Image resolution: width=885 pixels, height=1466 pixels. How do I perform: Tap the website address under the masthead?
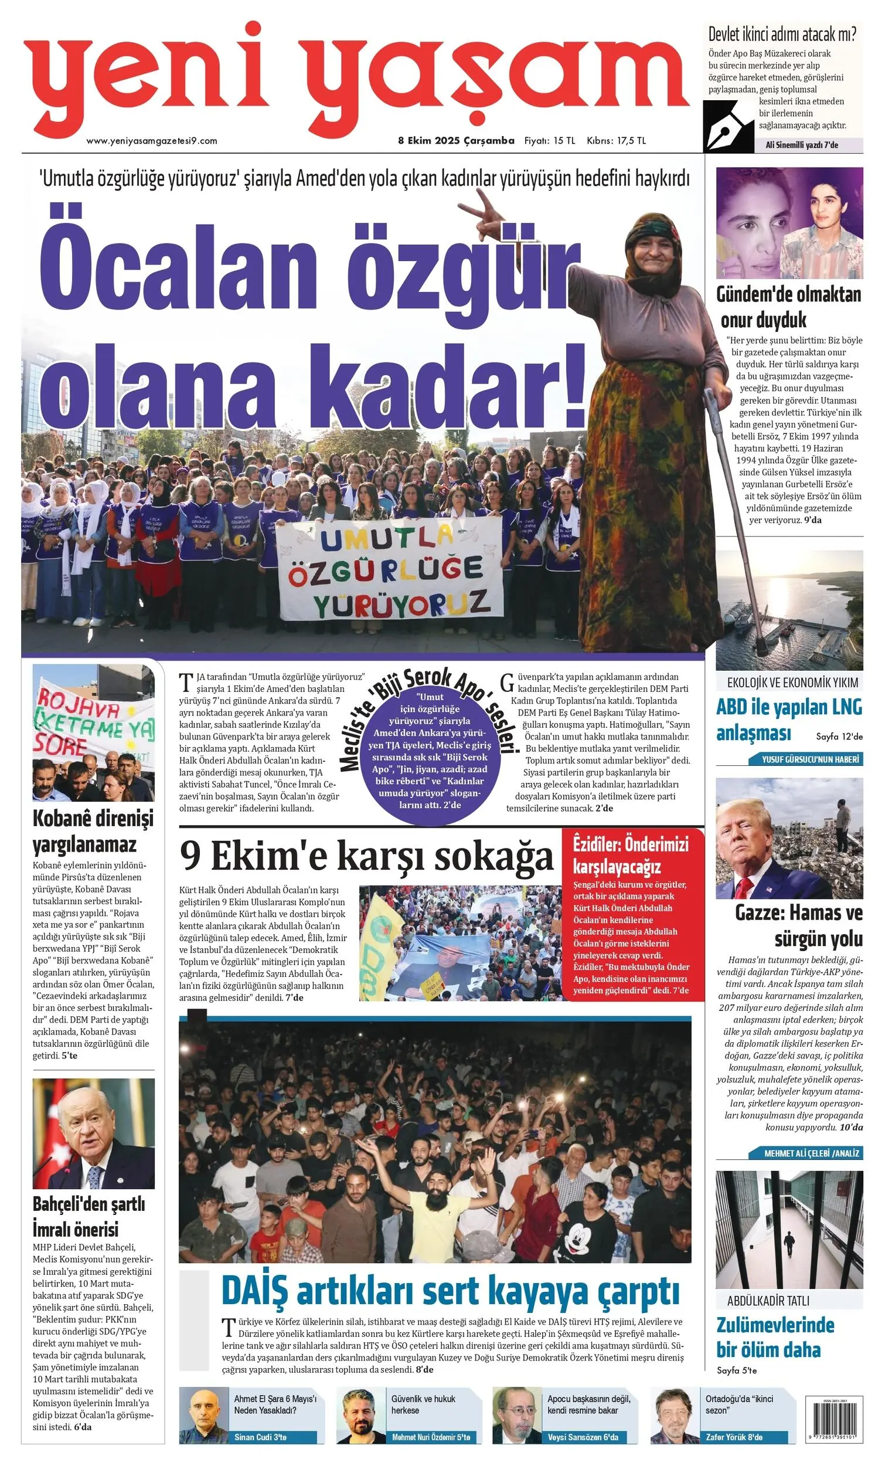(x=152, y=141)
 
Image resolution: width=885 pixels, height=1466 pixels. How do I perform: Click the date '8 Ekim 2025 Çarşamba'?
(x=455, y=141)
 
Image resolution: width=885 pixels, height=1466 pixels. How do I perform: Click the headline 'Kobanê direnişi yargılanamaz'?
(x=93, y=831)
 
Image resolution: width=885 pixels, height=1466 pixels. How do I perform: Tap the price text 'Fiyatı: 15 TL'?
(x=549, y=141)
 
